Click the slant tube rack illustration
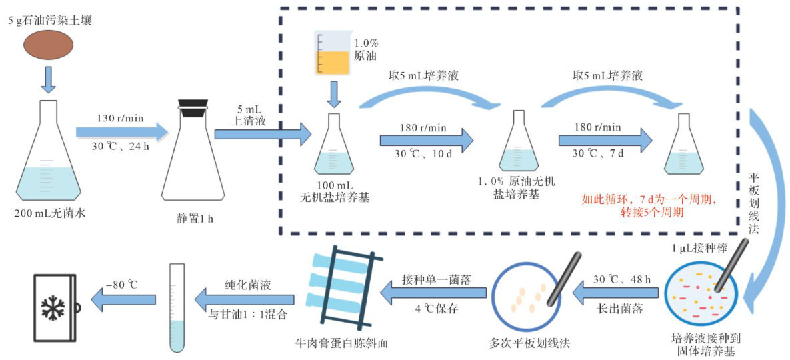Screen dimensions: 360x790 click(x=341, y=293)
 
